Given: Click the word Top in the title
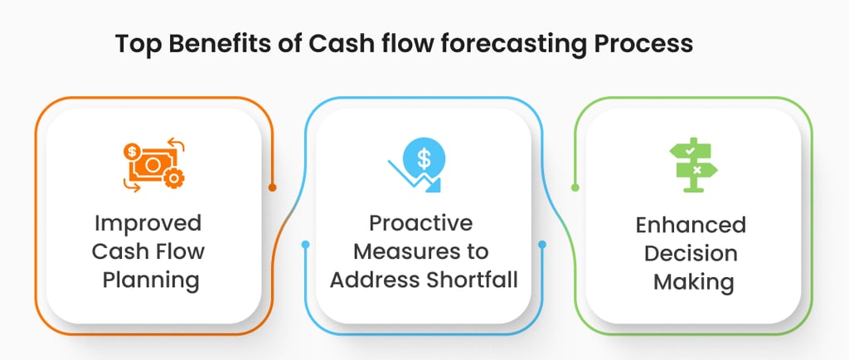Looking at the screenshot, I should coord(134,44).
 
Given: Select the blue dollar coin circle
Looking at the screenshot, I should coord(424,155).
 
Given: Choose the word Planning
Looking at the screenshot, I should coord(152,280).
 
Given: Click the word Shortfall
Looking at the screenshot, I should coord(468,280).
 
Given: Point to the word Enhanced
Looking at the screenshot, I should coord(692,226).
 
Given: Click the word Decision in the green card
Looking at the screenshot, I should coord(692,254).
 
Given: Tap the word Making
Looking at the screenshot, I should coord(692,282).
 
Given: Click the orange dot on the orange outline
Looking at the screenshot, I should coord(272,187).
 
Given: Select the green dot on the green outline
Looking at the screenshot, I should coord(575,187).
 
